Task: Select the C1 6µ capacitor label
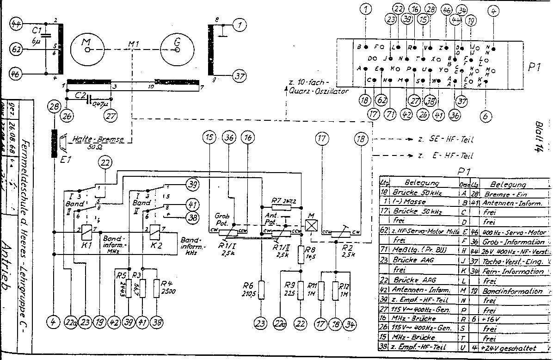pos(37,36)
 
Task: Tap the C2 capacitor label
pos(81,95)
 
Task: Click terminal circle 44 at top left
pos(17,25)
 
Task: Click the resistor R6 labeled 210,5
pos(261,290)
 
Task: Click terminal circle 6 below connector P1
pos(485,117)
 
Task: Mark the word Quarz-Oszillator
pos(319,91)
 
